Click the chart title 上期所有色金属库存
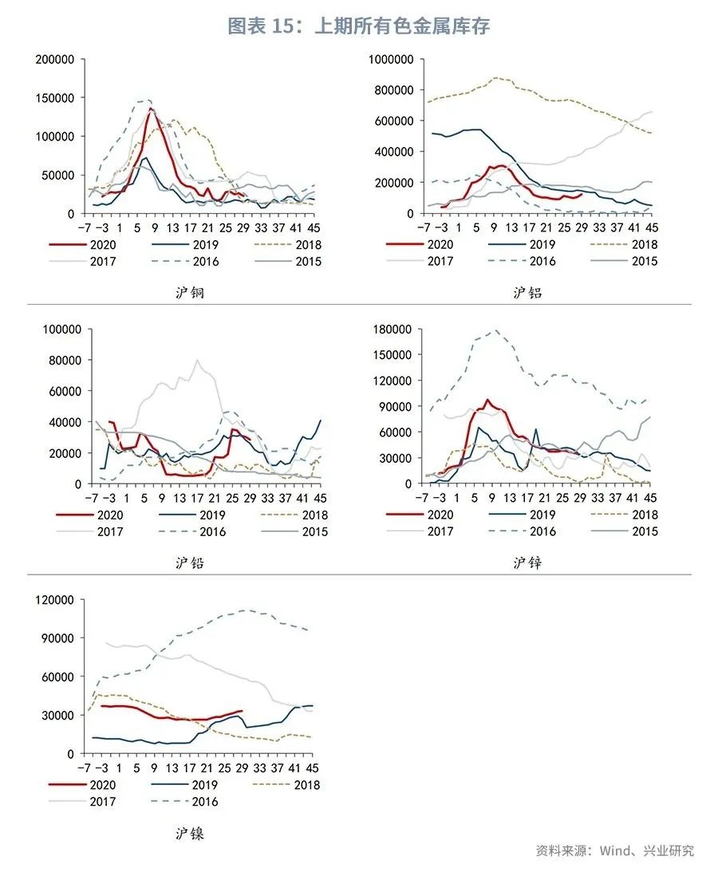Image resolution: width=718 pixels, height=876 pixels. point(358,26)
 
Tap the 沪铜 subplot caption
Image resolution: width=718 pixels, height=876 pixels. point(190,293)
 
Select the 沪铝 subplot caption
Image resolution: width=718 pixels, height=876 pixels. point(527,293)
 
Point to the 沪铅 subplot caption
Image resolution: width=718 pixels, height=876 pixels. point(190,563)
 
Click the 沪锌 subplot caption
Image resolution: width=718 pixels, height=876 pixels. point(527,563)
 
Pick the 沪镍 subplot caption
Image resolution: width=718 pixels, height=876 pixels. point(190,834)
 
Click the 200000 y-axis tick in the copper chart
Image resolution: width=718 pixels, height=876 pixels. point(56,59)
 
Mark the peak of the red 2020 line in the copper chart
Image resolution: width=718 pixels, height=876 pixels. point(151,109)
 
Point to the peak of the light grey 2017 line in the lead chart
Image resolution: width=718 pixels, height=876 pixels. point(196,360)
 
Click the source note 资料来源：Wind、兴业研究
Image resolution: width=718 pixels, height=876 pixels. point(614,850)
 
